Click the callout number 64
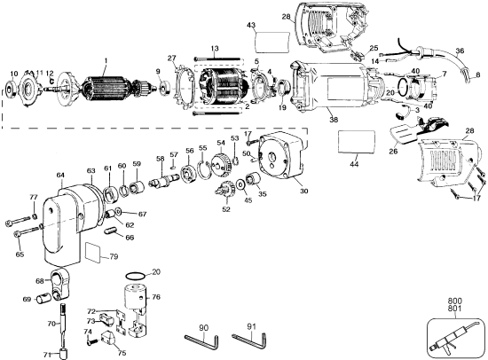point(60,176)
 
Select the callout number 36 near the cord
point(460,51)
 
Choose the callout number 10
point(13,72)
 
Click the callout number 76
point(156,297)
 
